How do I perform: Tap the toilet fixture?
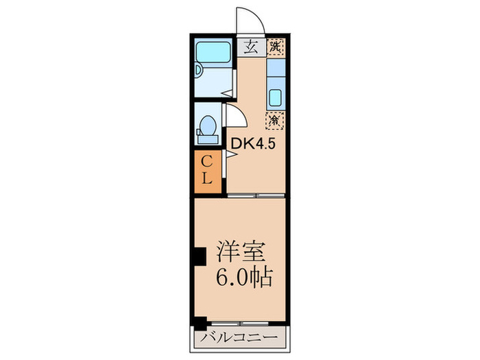pyautogui.click(x=206, y=127)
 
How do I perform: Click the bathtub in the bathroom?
pyautogui.click(x=213, y=53)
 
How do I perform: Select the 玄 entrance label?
pyautogui.click(x=250, y=47)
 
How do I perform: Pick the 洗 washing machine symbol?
pyautogui.click(x=274, y=47)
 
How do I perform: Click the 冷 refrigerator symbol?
pyautogui.click(x=274, y=119)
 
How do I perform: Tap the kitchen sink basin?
pyautogui.click(x=275, y=97)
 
